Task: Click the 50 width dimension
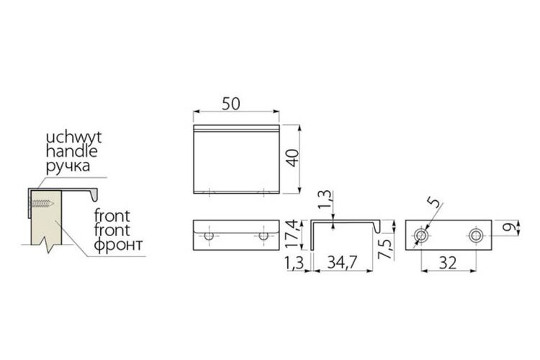pos(230,104)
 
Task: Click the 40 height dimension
pos(293,158)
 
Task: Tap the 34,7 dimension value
pos(342,263)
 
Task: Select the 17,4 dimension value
pos(292,234)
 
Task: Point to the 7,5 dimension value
pos(385,249)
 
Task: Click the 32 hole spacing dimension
pos(448,264)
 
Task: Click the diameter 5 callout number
pos(435,202)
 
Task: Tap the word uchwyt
pos(73,138)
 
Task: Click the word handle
pos(71,151)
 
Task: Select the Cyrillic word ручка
pos(68,166)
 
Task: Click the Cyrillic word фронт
pos(118,245)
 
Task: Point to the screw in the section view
pos(41,203)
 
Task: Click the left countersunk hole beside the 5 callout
pos(421,235)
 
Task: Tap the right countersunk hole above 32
pos(476,235)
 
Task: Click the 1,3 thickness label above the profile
pos(325,199)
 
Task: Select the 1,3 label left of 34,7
pos(294,264)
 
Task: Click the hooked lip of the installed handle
pos(94,195)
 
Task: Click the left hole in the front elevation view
pos(209,236)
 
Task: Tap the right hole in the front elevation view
pos(264,236)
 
